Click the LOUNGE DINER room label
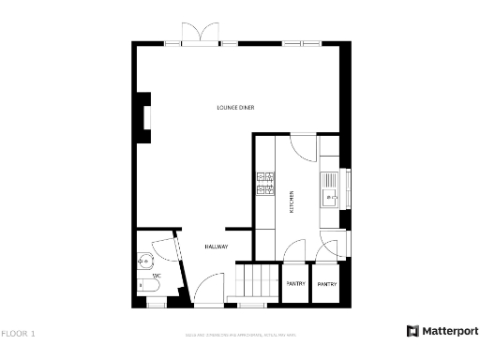pyautogui.click(x=235, y=108)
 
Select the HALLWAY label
pyautogui.click(x=217, y=247)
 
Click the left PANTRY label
pyautogui.click(x=295, y=283)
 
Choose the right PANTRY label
pyautogui.click(x=327, y=283)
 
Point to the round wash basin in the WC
pyautogui.click(x=145, y=261)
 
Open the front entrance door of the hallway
pyautogui.click(x=208, y=295)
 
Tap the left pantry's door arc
pyautogui.click(x=294, y=250)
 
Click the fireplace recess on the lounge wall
pyautogui.click(x=145, y=117)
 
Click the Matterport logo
pyautogui.click(x=442, y=331)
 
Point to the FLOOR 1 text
pyautogui.click(x=18, y=333)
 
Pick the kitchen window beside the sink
pyautogui.click(x=347, y=187)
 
